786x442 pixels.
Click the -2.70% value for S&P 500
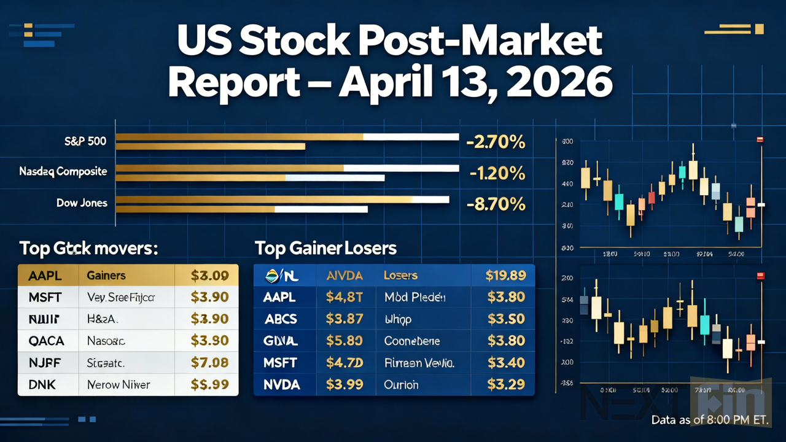496,142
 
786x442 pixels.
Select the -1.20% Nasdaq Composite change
497,173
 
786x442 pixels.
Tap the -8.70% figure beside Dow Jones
496,204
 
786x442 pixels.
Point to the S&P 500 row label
86,142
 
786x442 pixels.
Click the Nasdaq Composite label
63,172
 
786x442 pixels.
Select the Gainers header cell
106,276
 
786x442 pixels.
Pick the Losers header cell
400,276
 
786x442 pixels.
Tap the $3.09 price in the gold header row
210,276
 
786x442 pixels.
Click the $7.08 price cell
210,363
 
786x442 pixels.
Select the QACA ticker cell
46,341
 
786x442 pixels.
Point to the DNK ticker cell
42,385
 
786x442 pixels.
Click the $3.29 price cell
505,384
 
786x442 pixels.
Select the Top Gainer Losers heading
325,248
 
